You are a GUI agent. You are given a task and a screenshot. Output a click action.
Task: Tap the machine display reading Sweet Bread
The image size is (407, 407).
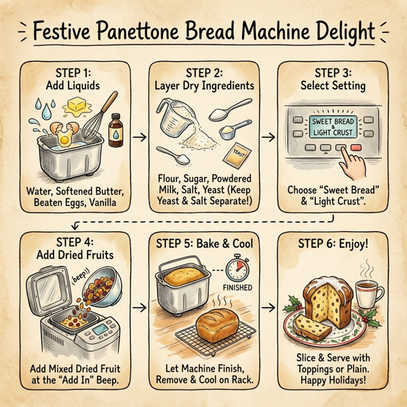pyautogui.click(x=332, y=125)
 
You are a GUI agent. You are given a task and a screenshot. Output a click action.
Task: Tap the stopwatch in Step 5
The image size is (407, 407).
pyautogui.click(x=237, y=269)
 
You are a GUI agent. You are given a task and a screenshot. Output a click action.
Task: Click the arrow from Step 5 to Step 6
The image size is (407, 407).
pyautogui.click(x=270, y=307)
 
